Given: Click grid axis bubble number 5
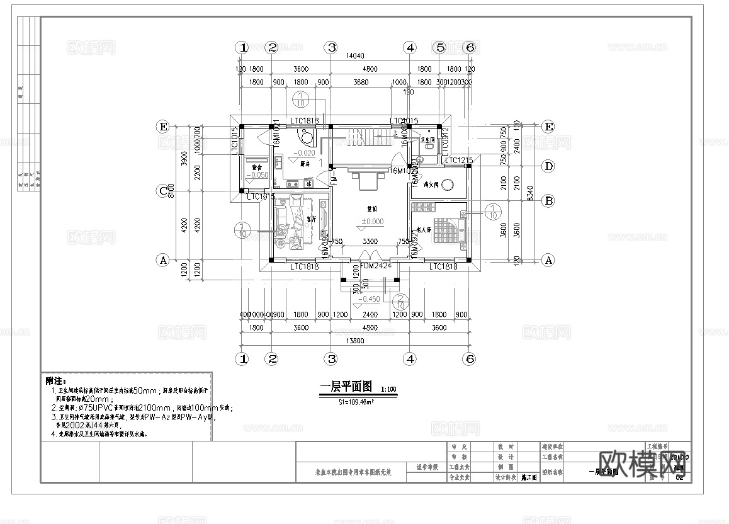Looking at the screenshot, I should pos(440,47).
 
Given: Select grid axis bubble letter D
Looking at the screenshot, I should pos(548,166).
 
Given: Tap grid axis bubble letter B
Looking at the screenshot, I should pos(548,201).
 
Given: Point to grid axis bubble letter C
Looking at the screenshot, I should pos(163,190).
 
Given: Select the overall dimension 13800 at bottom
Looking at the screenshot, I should pos(355,340).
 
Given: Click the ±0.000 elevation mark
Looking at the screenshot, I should pos(372,222).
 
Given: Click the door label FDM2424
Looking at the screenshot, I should pos(376,266).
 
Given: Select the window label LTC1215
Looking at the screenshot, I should pos(458,161).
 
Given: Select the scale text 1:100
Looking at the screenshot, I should pos(388,389).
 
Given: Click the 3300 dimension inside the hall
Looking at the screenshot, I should pos(371,242).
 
